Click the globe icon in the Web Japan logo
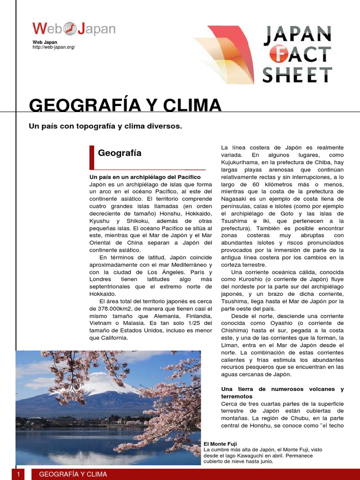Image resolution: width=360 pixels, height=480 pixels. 70,29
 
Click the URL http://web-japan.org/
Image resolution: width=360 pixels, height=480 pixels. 54,47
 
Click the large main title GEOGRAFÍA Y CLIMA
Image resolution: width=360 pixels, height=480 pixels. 125,105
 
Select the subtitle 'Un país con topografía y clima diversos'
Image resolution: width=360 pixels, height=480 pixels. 105,126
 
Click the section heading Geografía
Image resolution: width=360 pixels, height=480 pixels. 120,153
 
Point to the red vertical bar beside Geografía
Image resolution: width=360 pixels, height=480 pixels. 91,157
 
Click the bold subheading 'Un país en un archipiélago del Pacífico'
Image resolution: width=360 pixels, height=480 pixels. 145,177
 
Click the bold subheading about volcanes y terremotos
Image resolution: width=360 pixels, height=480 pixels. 282,393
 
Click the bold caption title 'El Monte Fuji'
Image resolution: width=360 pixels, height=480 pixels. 220,444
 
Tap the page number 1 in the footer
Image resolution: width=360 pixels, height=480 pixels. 18,474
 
